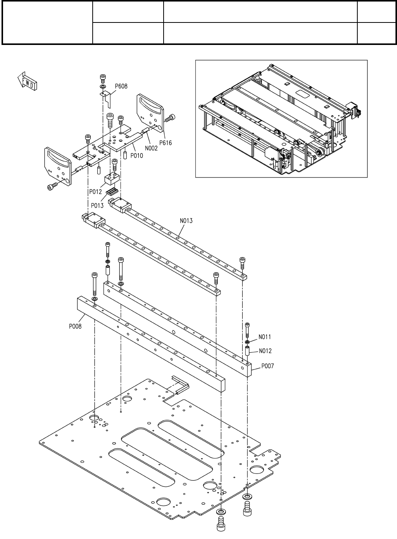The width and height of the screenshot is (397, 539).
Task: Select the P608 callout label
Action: click(121, 86)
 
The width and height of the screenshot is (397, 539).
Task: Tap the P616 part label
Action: click(166, 143)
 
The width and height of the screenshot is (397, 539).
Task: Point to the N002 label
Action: click(151, 148)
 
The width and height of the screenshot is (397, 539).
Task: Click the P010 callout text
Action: click(136, 155)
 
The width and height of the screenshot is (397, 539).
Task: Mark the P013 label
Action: click(97, 205)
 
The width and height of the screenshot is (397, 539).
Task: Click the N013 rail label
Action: click(186, 220)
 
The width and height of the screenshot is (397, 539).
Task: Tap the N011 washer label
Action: click(265, 337)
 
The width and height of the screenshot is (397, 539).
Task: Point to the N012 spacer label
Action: click(265, 351)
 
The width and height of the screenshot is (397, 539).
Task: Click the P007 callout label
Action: click(268, 366)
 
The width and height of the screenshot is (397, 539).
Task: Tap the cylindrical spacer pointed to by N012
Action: click(247, 351)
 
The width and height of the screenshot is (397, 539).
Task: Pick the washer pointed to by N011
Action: click(247, 342)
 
